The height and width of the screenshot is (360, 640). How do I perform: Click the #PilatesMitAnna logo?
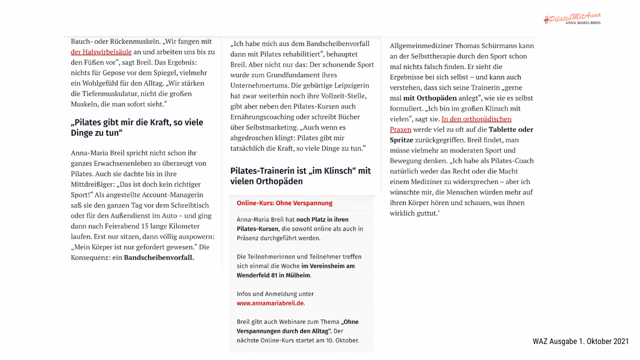[x=572, y=18]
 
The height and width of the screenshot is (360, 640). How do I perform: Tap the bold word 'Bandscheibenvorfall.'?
[x=159, y=257]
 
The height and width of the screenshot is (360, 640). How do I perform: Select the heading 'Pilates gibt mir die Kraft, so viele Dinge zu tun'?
[x=137, y=127]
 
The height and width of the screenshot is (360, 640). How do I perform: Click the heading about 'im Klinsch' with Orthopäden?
[x=300, y=176]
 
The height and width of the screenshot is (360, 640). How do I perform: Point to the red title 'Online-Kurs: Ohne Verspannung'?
[x=284, y=203]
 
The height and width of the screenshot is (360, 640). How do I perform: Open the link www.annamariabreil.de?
[x=270, y=303]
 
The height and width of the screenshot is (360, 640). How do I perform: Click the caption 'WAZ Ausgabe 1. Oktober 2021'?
[x=580, y=341]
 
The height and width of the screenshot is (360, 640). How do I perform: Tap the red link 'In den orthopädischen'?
[x=476, y=119]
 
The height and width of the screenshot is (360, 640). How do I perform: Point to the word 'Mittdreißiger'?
[x=93, y=184]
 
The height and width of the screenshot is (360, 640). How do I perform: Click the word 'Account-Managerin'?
[x=175, y=195]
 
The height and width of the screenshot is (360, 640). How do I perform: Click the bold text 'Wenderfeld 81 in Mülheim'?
[x=273, y=275]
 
